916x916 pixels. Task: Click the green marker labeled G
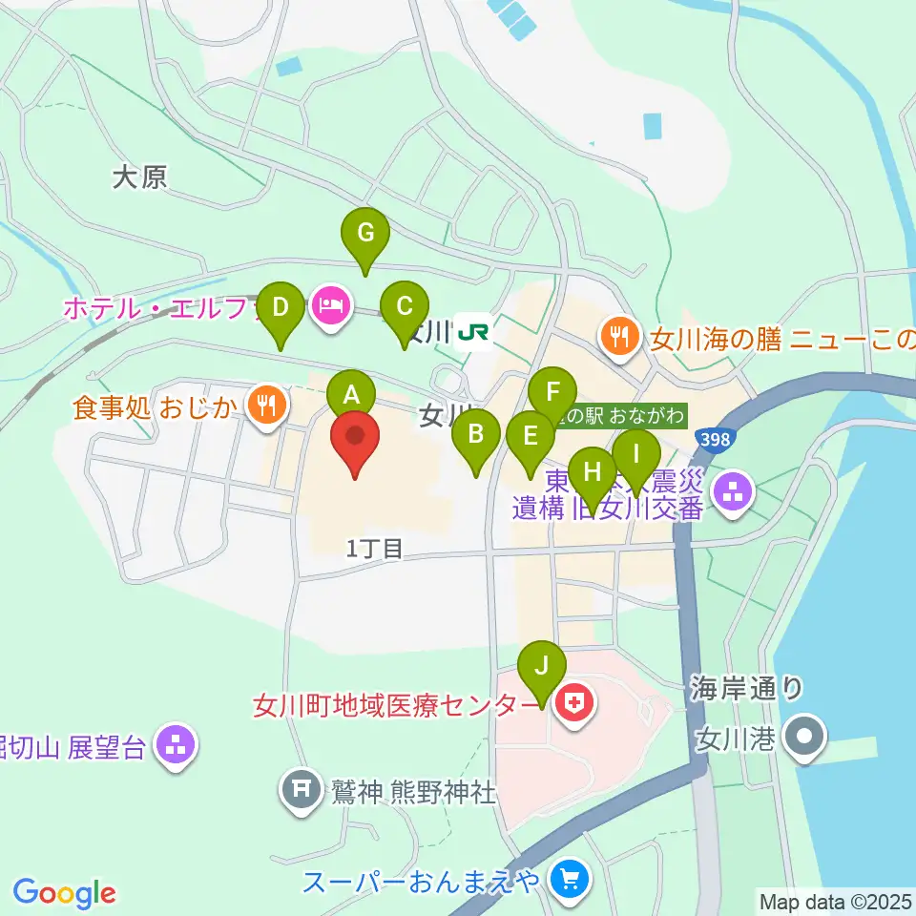click(x=365, y=234)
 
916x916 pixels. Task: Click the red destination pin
click(x=355, y=440)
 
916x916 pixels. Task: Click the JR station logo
click(x=474, y=332)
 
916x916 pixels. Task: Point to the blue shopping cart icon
click(x=572, y=877)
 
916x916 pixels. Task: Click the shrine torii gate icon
click(x=302, y=789)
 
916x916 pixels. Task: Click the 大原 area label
click(x=139, y=177)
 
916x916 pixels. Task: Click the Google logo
click(x=64, y=893)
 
